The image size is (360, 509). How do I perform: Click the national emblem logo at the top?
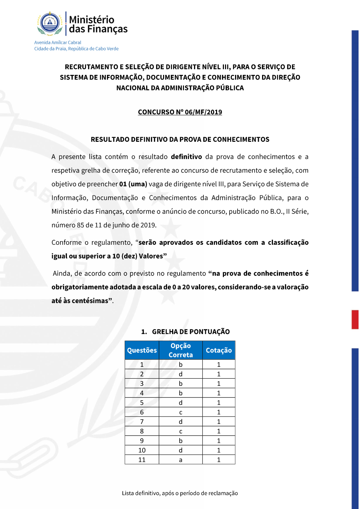(50, 24)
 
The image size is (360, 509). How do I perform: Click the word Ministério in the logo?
(91, 19)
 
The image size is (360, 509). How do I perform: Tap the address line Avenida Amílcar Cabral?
(58, 42)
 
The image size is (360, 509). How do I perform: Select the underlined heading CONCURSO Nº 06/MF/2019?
(180, 112)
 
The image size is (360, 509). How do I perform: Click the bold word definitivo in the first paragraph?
(186, 157)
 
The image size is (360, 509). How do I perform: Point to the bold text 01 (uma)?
(133, 184)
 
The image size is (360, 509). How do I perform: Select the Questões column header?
(142, 350)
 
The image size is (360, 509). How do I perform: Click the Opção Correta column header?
(181, 350)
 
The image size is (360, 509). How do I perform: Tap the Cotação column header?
(219, 350)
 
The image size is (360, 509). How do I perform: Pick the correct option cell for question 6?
(181, 412)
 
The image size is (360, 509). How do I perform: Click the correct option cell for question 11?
(181, 460)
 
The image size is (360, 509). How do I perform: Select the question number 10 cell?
(142, 450)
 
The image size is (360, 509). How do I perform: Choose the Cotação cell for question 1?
(219, 365)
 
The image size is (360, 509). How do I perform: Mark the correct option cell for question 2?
(181, 374)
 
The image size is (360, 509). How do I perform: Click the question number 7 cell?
(142, 422)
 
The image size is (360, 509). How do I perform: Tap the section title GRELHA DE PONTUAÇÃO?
(191, 332)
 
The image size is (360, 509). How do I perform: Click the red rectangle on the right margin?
(355, 320)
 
